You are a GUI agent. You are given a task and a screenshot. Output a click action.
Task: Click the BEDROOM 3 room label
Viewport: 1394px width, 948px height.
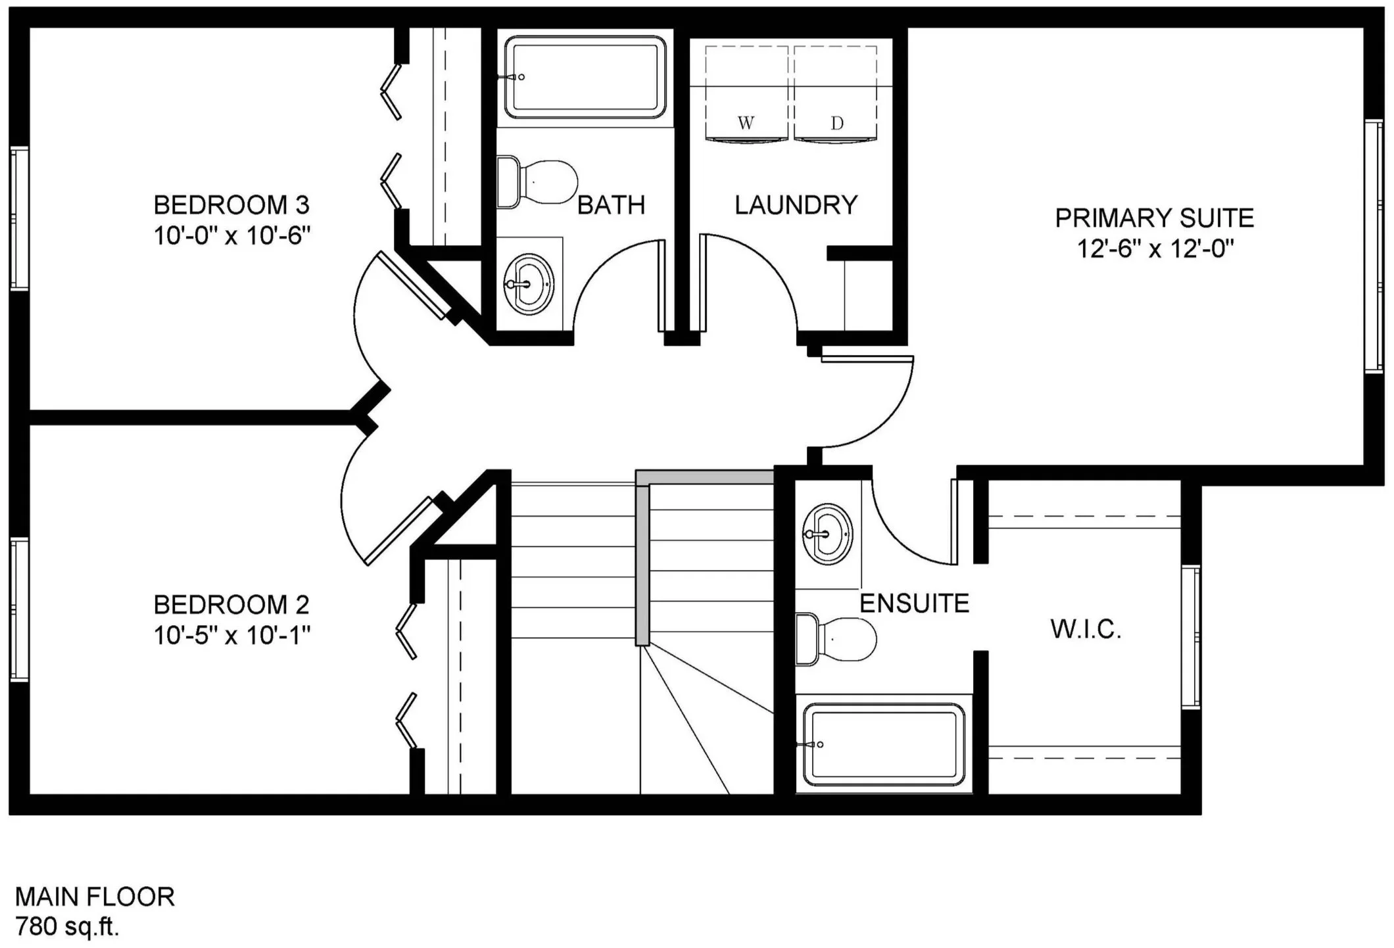[231, 205]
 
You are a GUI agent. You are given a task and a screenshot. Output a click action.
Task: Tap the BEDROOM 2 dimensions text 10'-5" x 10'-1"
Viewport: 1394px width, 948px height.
[231, 635]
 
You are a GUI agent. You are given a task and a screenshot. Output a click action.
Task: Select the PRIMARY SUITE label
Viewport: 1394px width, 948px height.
[1155, 218]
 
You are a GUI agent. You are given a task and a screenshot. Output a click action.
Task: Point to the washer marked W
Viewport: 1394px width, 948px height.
[746, 93]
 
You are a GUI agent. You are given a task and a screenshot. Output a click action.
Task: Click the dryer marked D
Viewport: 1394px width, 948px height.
[836, 93]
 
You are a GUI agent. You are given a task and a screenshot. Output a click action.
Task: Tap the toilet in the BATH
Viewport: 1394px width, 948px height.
[537, 182]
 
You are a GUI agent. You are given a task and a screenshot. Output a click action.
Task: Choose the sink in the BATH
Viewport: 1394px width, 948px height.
[529, 284]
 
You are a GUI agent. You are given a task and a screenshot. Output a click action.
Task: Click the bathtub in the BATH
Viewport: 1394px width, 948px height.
[585, 78]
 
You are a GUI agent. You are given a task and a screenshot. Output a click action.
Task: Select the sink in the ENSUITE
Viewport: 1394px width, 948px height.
[827, 534]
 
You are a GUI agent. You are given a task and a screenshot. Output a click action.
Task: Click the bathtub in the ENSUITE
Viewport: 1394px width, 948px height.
[883, 744]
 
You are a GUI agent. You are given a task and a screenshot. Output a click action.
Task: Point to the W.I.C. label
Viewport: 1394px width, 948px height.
[1086, 630]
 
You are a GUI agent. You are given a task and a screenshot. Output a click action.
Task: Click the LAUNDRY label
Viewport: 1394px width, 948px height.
[796, 205]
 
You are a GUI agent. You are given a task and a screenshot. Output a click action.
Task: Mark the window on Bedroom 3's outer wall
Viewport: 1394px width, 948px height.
[19, 218]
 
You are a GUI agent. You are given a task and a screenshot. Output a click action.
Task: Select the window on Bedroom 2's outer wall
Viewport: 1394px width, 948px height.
[19, 609]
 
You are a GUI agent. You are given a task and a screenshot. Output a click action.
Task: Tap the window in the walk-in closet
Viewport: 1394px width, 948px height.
[1191, 636]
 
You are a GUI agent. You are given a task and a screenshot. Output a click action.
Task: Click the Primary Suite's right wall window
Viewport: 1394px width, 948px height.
[1374, 247]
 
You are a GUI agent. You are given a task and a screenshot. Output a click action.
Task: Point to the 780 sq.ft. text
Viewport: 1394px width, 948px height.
[67, 927]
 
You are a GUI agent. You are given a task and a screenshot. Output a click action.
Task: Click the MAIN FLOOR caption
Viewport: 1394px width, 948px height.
[95, 897]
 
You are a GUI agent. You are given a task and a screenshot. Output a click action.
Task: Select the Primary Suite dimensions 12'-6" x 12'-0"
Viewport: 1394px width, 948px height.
[1155, 249]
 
